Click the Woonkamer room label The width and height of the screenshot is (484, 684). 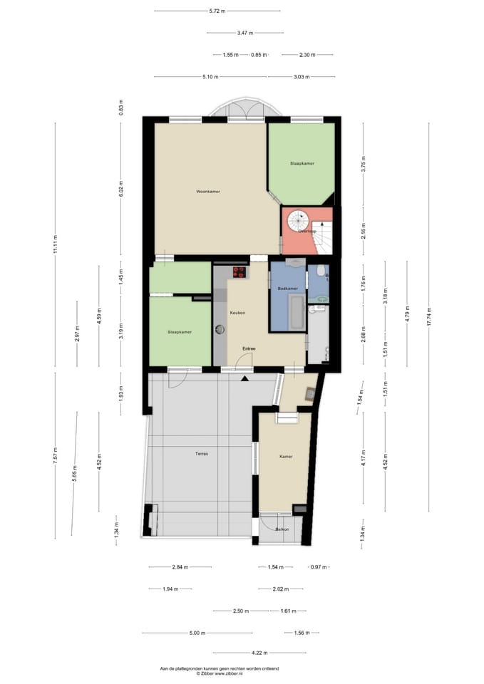[x=208, y=192]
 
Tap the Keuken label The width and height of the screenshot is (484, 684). [x=237, y=313]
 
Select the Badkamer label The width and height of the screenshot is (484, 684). [x=287, y=288]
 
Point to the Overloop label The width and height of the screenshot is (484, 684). [x=307, y=231]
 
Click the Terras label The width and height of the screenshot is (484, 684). [x=202, y=454]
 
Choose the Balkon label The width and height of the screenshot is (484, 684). [x=282, y=529]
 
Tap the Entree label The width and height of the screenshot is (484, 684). [x=249, y=348]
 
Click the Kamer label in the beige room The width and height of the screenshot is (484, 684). [x=286, y=457]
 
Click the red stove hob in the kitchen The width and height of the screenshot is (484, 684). [x=239, y=271]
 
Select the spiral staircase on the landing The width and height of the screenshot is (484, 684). [x=297, y=222]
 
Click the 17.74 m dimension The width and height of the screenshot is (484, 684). [x=429, y=317]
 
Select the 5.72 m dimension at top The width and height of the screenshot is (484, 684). [x=217, y=11]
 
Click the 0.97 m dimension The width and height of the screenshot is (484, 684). [x=319, y=567]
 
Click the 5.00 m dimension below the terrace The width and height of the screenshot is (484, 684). [x=197, y=633]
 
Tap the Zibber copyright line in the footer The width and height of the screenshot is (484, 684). [x=220, y=673]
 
